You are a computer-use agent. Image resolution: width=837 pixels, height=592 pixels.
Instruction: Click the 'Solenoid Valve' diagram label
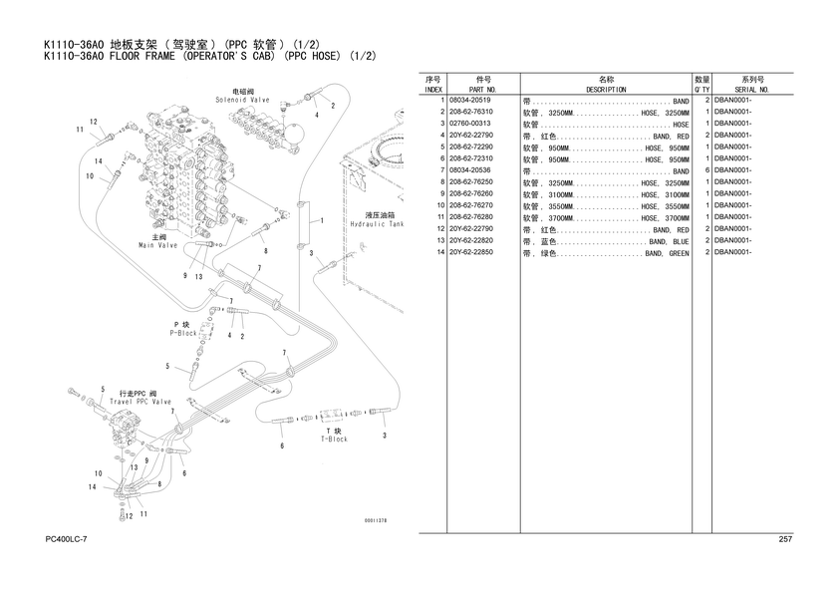tap(243, 101)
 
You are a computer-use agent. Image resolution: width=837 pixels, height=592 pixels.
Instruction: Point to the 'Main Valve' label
tap(158, 244)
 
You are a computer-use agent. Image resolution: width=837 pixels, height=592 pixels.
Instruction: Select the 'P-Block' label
tap(185, 333)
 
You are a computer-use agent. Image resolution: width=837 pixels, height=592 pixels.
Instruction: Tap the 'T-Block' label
tap(334, 439)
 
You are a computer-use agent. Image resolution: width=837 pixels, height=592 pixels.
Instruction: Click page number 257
tap(784, 539)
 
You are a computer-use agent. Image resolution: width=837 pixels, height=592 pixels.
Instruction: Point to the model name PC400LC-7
tap(67, 539)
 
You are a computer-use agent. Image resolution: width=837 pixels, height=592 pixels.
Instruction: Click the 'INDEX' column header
tap(433, 90)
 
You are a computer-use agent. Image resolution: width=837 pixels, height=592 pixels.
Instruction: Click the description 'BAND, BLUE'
tap(668, 241)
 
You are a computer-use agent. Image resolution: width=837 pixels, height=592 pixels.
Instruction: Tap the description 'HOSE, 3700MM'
tap(665, 218)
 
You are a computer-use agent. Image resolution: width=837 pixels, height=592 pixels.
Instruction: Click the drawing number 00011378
tap(376, 519)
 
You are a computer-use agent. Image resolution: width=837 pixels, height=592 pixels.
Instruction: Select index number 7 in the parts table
tap(440, 171)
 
